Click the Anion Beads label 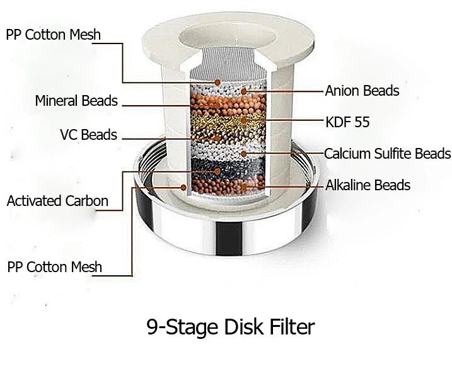click(362, 91)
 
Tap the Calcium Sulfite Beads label click(387, 153)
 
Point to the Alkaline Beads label click(368, 185)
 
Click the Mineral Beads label click(76, 101)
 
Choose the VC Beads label click(88, 135)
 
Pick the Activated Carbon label click(57, 202)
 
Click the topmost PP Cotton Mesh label click(53, 34)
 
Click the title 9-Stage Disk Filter click(229, 328)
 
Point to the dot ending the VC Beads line click(216, 136)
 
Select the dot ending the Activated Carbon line click(217, 171)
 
